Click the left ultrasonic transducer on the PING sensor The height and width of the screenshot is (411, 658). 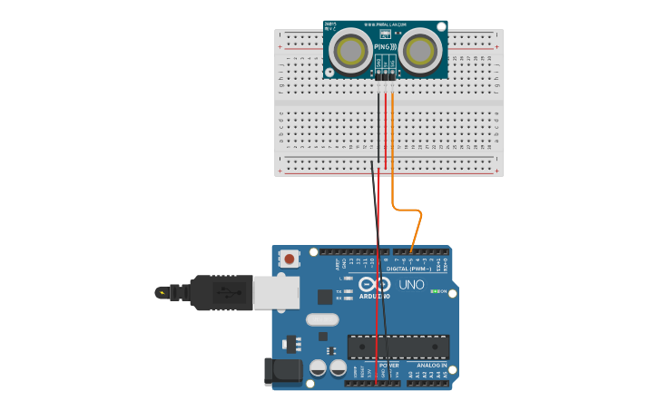tap(350, 51)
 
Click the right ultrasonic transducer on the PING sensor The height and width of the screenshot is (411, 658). tap(419, 51)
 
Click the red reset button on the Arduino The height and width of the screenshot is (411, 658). tap(290, 259)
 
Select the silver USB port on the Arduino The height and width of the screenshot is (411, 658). tap(276, 292)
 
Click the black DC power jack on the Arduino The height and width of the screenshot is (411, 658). tap(282, 371)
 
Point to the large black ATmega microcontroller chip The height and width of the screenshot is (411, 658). tap(398, 347)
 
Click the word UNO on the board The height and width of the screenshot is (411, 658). tap(412, 285)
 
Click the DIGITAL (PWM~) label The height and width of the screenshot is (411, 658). tap(408, 269)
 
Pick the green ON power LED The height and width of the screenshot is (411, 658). tap(433, 291)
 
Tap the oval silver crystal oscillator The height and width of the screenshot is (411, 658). tap(322, 319)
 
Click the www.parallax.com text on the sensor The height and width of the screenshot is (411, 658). tap(385, 24)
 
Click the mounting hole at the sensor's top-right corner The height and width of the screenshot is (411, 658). tap(441, 26)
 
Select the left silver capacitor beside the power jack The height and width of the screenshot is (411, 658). tap(318, 367)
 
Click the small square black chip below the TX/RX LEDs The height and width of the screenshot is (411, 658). tap(324, 297)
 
